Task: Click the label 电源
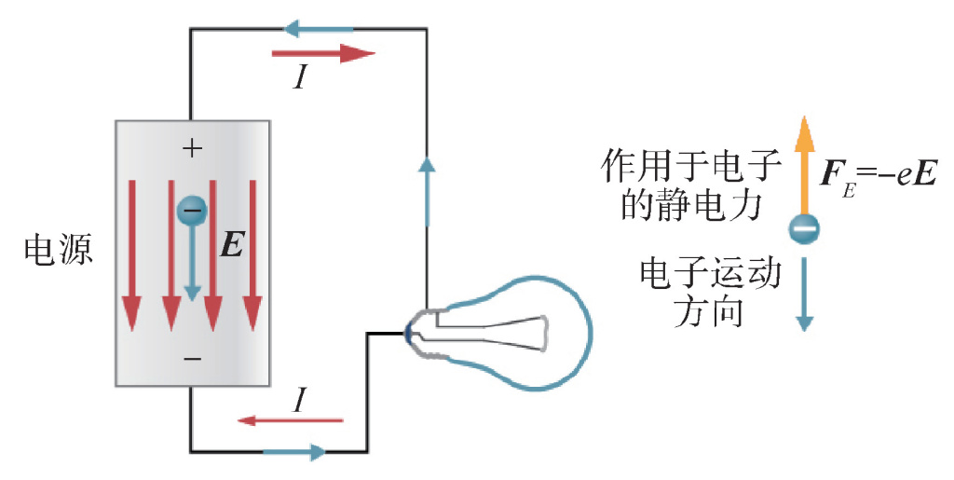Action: pos(58,250)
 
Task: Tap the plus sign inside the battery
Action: pos(191,147)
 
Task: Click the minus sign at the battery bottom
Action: pos(191,358)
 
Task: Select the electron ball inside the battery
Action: pos(192,211)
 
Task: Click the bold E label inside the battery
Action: pos(232,245)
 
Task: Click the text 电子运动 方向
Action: pos(709,292)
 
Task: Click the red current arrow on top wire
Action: pos(322,54)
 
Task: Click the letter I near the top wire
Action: pos(300,78)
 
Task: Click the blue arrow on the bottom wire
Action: pos(294,452)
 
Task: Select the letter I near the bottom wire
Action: pos(299,401)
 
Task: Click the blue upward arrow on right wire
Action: pos(427,191)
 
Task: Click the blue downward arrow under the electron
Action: pos(805,291)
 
